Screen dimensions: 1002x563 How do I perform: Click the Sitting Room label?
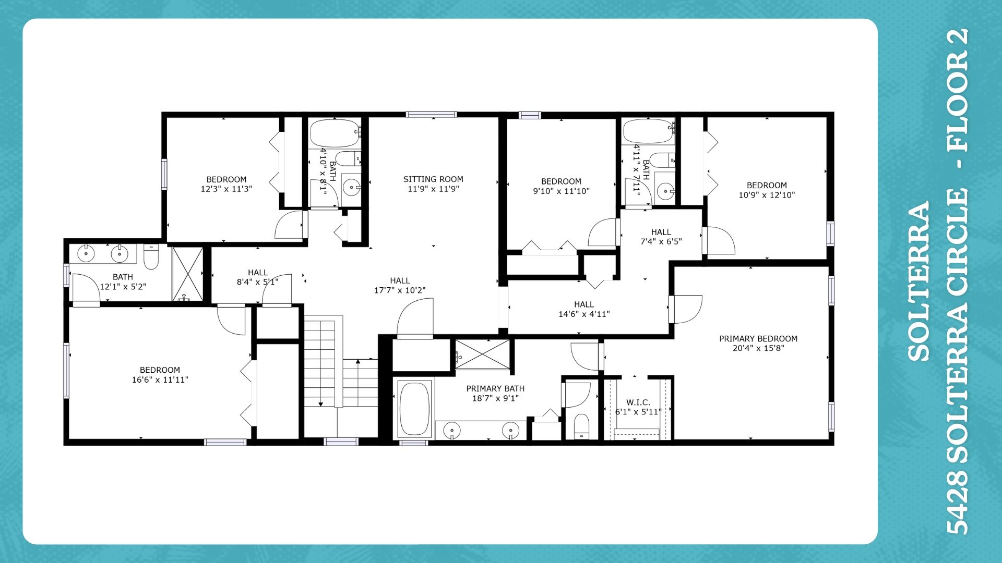tap(433, 179)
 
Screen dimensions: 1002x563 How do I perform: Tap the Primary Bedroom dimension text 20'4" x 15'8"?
tap(758, 348)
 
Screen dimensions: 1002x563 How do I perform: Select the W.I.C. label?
tap(638, 402)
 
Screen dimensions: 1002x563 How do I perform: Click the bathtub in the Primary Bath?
tap(414, 409)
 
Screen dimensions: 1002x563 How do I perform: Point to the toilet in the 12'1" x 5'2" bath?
tap(151, 257)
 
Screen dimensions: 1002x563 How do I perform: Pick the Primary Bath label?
tap(495, 389)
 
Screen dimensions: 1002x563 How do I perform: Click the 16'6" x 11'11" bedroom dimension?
tap(160, 380)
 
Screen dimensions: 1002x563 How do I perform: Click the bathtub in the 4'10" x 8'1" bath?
tap(335, 133)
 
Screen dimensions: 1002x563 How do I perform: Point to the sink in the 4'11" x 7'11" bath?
tap(665, 191)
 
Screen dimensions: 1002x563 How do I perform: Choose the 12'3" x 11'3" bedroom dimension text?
tap(226, 189)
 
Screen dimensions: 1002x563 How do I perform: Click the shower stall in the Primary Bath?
tap(482, 354)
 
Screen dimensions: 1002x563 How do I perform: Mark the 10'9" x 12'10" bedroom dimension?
tap(767, 195)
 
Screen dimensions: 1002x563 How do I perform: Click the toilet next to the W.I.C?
tap(581, 425)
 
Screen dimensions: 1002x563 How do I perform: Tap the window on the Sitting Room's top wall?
tap(432, 115)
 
